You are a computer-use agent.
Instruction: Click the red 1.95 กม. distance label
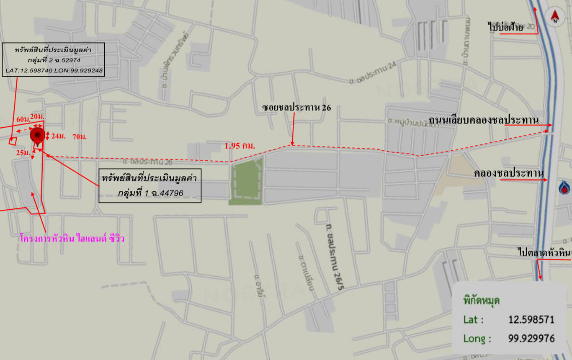point(240,146)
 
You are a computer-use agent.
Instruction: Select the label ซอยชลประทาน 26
point(296,108)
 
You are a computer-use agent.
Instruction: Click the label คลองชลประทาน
point(509,173)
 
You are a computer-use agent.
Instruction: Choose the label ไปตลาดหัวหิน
point(544,252)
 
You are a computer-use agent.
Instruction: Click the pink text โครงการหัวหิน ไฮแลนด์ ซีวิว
point(72,239)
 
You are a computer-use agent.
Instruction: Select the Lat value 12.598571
point(531,320)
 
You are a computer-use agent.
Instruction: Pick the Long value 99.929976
point(531,338)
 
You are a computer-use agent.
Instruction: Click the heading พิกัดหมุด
point(482,301)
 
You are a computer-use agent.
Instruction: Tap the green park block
point(246,181)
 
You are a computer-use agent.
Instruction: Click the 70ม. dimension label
point(80,137)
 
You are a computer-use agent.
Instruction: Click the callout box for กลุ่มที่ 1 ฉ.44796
point(149,185)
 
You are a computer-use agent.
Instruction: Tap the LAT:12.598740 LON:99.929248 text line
point(54,70)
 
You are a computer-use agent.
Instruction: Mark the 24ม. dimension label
point(58,136)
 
